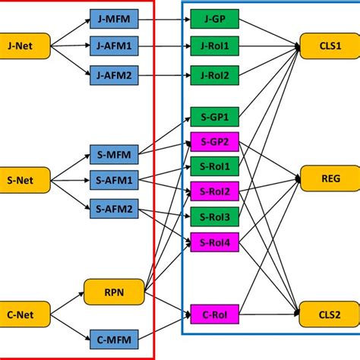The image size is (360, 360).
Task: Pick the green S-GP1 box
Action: tap(215, 118)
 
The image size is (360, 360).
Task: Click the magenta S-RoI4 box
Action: tap(215, 242)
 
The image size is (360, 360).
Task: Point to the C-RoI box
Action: tap(215, 313)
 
